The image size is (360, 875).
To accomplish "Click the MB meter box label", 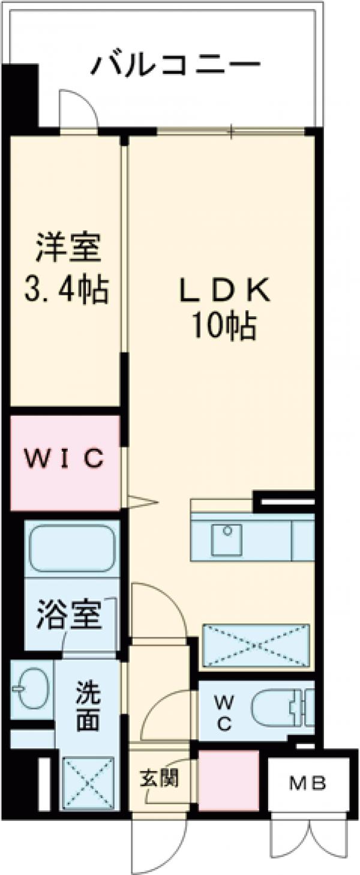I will click(308, 783).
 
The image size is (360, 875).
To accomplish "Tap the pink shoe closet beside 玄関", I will click(229, 779).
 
